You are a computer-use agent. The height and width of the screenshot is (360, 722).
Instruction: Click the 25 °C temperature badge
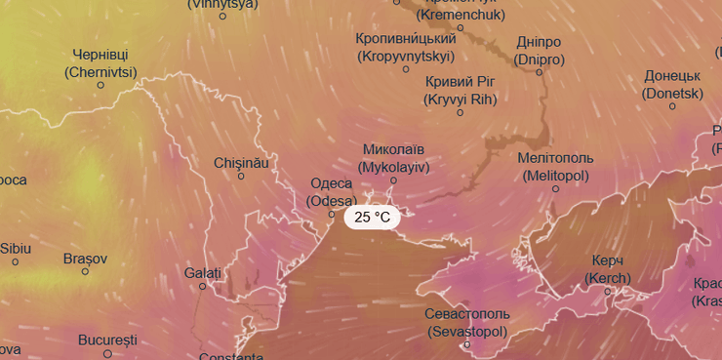pos(372,218)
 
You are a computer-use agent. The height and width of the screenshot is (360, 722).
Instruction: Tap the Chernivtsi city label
pos(100,63)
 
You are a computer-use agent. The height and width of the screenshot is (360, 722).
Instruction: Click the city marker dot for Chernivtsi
pos(100,85)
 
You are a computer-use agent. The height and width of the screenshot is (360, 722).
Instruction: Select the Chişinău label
pos(241,163)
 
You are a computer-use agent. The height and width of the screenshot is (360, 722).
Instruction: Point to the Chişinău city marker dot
pos(241,177)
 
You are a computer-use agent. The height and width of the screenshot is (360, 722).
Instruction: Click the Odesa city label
pos(331,192)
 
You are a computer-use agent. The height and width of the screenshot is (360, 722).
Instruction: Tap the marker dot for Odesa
pos(332,214)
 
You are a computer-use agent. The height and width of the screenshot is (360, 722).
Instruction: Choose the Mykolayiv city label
pos(393,158)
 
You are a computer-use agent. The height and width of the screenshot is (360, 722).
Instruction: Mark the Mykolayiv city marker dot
pos(394,180)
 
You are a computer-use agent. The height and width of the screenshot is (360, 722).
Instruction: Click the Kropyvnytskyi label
pos(407,47)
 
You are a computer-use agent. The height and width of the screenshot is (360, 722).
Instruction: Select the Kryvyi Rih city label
pos(461,90)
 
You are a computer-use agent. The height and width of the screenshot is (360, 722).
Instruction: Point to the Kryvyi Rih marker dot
pos(461,112)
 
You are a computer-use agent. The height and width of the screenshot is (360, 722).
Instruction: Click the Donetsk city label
pos(672,85)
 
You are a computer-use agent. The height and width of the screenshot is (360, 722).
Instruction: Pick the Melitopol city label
pos(556,167)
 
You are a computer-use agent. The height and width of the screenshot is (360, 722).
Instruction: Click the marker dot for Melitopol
pos(556,188)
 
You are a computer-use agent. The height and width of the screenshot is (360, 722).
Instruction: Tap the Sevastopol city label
pos(467,323)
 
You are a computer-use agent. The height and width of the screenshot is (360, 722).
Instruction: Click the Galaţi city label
pos(203,273)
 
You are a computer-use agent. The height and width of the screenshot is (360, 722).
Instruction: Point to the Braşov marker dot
pos(85,271)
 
